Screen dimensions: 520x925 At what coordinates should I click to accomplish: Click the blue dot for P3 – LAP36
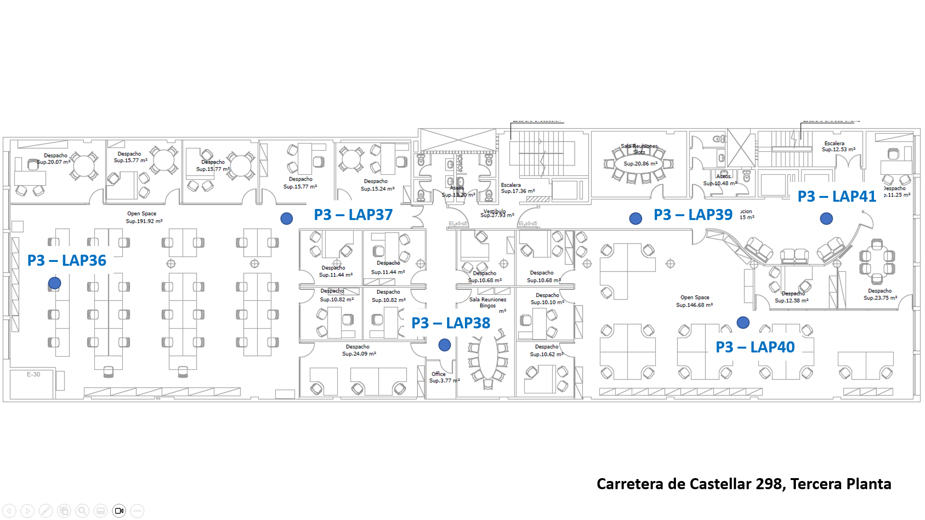pyautogui.click(x=54, y=283)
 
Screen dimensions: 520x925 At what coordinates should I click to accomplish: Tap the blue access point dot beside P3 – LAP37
pyautogui.click(x=287, y=219)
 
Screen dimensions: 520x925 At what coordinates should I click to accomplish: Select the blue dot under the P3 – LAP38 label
pyautogui.click(x=445, y=345)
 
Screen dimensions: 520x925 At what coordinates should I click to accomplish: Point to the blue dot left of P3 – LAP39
pyautogui.click(x=635, y=219)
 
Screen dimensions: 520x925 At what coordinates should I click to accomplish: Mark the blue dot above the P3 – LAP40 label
pyautogui.click(x=743, y=323)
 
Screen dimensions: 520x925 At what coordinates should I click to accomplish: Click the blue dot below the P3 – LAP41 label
pyautogui.click(x=826, y=219)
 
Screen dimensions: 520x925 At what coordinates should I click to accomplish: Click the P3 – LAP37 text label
pyautogui.click(x=353, y=215)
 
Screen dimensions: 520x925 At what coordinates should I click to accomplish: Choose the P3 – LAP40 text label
pyautogui.click(x=755, y=347)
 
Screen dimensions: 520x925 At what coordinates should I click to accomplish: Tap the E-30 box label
pyautogui.click(x=33, y=374)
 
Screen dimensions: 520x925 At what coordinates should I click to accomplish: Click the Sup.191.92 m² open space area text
pyautogui.click(x=144, y=221)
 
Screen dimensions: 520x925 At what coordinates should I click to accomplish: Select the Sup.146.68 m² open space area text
pyautogui.click(x=694, y=305)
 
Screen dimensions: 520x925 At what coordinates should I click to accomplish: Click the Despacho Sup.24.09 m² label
pyautogui.click(x=358, y=350)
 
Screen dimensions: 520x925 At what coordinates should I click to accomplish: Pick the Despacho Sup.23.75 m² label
pyautogui.click(x=880, y=294)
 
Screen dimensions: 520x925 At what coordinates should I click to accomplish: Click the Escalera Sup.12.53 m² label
pyautogui.click(x=838, y=146)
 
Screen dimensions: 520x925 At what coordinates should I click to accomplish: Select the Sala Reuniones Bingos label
pyautogui.click(x=488, y=302)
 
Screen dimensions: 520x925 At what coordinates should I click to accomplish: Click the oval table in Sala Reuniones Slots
pyautogui.click(x=639, y=164)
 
